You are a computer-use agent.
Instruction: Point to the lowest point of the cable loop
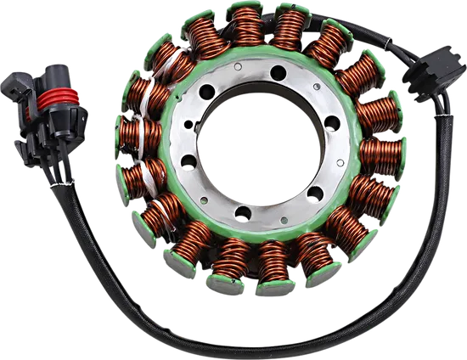point(255,349)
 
